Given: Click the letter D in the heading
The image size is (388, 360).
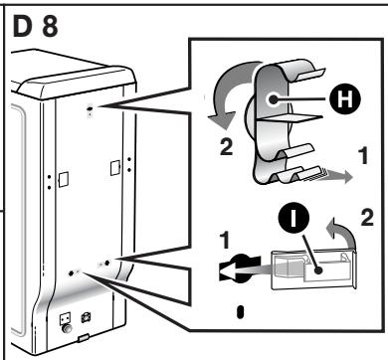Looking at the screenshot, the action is pos(23,26).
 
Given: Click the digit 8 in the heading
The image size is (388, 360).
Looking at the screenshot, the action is pos(50,26).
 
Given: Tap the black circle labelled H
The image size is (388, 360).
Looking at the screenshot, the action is pos(344,98).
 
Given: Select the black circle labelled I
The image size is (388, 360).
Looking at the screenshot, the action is pos(293,220).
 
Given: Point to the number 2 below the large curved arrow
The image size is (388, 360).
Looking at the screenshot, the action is pos(227,147).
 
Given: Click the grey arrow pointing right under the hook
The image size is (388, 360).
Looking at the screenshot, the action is pos(337,176).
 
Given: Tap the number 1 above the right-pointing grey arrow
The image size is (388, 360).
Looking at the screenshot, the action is pos(363,156).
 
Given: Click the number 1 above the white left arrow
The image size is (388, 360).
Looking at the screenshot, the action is pos(225,241).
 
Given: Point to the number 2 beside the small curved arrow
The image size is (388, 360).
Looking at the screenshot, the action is pos(367,218).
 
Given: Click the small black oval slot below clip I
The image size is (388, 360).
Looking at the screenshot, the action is pos(241,312).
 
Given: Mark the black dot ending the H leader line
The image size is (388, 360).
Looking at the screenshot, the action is pos(274,98).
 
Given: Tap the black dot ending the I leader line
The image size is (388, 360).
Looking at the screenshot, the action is pos(318,270).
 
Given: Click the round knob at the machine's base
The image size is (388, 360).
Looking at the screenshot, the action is pos(67,328).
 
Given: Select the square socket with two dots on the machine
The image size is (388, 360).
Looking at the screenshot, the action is pos(66,319).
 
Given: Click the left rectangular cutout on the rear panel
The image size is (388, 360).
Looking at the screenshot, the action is pos(64,179).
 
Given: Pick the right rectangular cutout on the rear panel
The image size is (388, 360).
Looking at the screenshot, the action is pos(115,168).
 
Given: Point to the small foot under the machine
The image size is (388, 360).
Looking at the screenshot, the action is pos(84,338).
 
